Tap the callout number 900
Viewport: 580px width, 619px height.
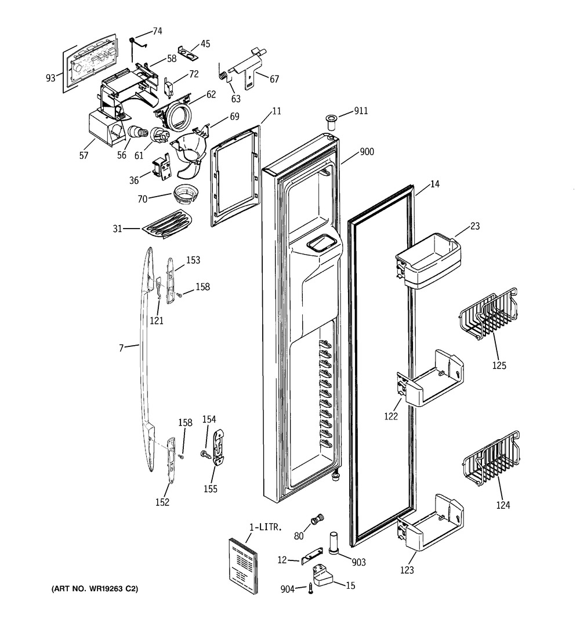coord(367,152)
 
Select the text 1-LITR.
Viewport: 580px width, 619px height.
coord(265,527)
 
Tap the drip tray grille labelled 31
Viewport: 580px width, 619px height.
coord(168,225)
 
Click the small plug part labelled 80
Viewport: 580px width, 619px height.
coord(317,519)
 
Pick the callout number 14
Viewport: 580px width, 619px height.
coord(434,184)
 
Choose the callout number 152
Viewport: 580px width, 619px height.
coord(162,502)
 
